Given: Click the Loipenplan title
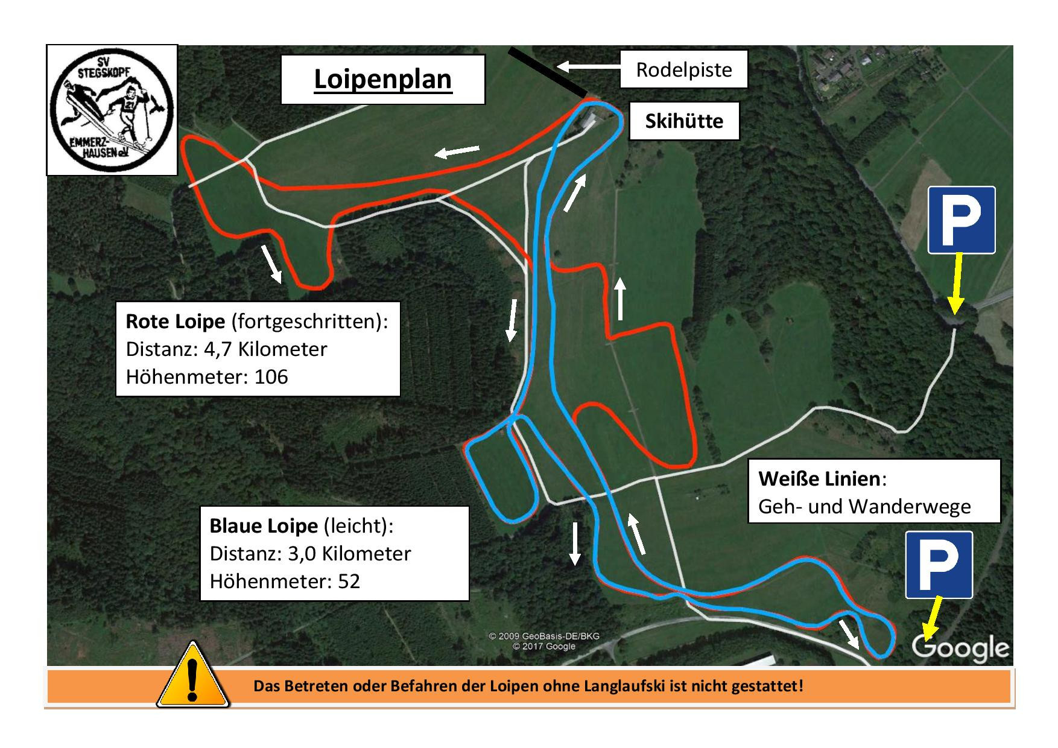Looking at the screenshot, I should point(382,79).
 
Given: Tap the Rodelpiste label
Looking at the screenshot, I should point(683,69).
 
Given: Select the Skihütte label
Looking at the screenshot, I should point(683,121).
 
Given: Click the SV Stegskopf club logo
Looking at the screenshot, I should point(112,110).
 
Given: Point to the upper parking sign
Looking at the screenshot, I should point(961,220).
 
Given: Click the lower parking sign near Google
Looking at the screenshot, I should point(939,565).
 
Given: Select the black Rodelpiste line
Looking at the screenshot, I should point(547,72).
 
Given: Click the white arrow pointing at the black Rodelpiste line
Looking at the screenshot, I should point(583,66).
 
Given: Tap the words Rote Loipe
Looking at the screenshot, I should point(175,322).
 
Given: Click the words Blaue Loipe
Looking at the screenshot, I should point(263,526).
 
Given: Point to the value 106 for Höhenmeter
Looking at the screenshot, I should point(271,377).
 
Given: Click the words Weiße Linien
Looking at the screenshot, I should point(819,479).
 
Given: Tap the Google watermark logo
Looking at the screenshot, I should point(960,647).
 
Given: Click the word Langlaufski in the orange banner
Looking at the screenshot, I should point(626,686).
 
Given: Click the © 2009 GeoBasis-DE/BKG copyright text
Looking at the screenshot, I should point(543,636).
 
